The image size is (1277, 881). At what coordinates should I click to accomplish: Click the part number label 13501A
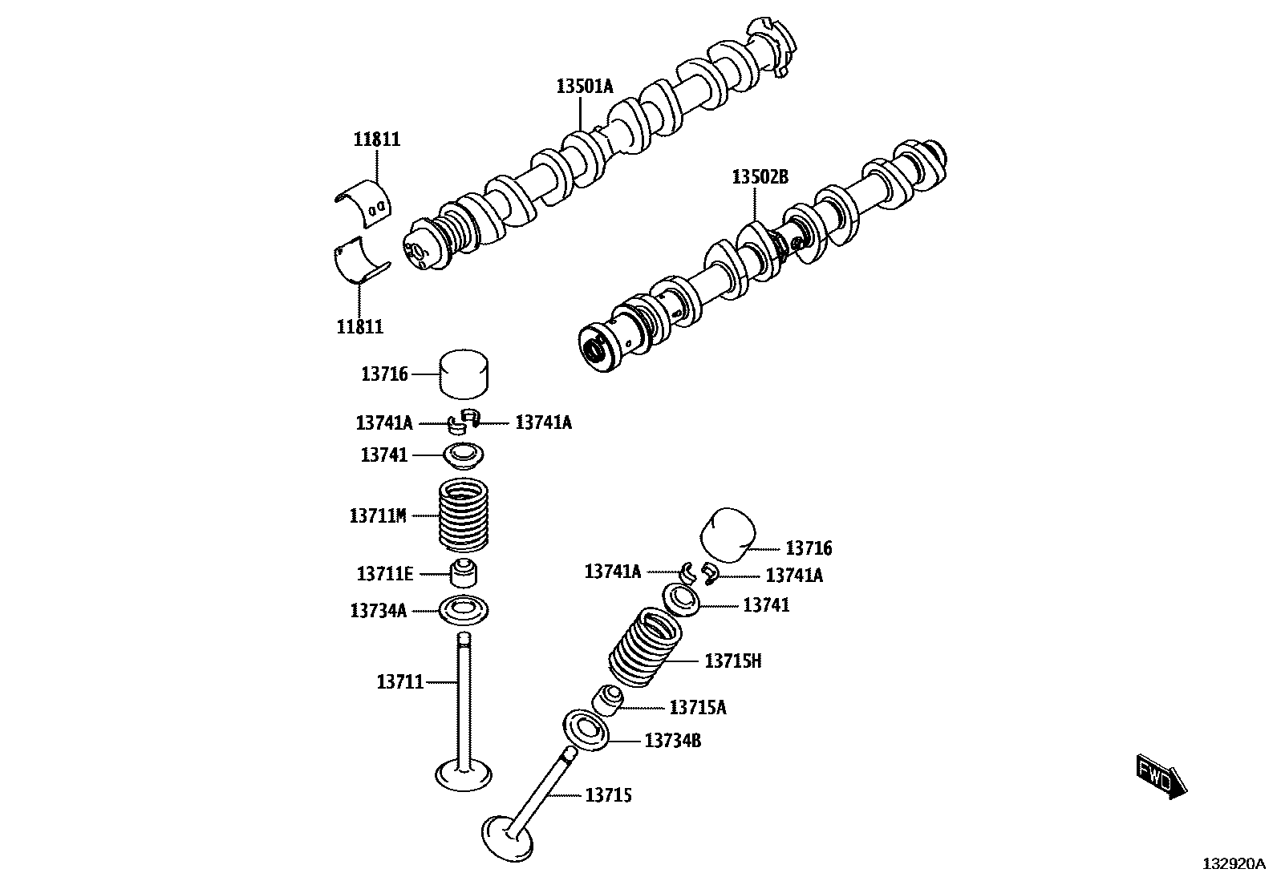(x=584, y=86)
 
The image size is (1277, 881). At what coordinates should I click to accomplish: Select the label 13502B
(x=759, y=176)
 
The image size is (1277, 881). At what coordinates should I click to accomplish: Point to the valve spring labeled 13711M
(x=464, y=515)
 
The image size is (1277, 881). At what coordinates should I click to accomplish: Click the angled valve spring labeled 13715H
(x=646, y=648)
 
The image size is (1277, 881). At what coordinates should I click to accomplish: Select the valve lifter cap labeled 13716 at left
(x=464, y=374)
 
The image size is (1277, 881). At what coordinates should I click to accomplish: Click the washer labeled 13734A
(x=464, y=611)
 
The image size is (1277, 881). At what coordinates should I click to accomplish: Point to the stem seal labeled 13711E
(x=464, y=573)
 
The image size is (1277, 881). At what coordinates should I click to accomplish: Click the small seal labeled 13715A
(x=609, y=700)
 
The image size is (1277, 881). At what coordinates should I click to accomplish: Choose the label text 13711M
(x=378, y=515)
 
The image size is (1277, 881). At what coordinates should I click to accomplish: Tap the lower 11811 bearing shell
(x=360, y=262)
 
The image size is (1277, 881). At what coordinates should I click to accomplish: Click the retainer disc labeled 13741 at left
(x=464, y=455)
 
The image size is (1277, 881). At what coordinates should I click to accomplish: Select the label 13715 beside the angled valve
(x=608, y=795)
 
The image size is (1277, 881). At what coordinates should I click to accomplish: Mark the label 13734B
(x=673, y=741)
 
